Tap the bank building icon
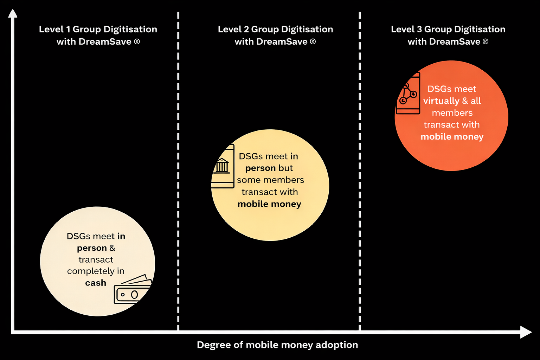222,166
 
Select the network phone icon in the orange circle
408,94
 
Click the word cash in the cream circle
96,283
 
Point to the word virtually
441,101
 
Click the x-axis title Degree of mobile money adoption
277,345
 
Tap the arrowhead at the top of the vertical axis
13,13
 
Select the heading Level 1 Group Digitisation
98,29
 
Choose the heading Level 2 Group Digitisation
275,29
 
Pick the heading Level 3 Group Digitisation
448,29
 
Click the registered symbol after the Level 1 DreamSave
137,42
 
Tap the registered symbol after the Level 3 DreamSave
486,42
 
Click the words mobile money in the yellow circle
269,204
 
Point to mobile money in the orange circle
452,137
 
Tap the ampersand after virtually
465,101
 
